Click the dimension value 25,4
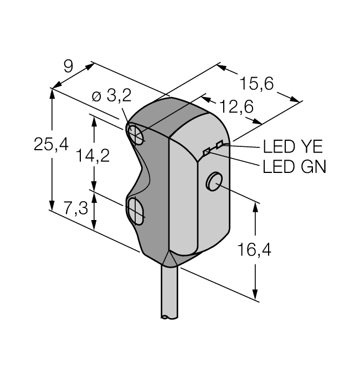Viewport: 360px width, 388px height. pos(51,145)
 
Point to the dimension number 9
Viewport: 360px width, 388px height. pos(68,67)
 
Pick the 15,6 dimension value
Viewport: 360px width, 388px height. pos(257,84)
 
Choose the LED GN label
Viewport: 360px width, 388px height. pos(294,167)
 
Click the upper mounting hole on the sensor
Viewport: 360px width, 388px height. pos(135,133)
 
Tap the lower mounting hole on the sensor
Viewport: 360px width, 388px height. pos(135,210)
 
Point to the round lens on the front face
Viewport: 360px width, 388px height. pos(213,181)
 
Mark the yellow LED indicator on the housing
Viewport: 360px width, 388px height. pos(219,145)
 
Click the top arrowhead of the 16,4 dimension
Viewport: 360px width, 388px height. pos(255,207)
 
